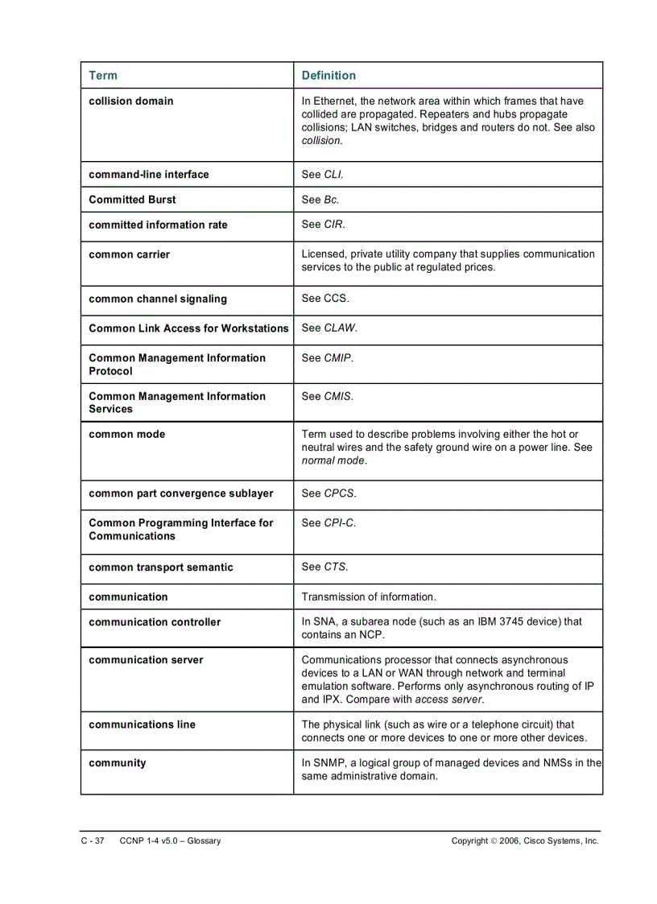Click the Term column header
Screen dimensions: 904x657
103,76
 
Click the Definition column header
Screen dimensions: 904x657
328,76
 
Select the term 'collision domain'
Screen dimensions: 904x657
130,101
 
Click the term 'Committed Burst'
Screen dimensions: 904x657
132,200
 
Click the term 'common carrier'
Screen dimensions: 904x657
129,254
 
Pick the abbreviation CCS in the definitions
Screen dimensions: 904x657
336,299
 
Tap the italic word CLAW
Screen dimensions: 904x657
339,328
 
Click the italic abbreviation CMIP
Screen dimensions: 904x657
337,358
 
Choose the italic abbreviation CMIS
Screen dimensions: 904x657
337,396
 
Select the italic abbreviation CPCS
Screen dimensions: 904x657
339,493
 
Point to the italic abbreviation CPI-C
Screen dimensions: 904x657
339,523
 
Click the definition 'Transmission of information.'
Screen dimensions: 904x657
369,597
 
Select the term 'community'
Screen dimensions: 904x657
118,763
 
